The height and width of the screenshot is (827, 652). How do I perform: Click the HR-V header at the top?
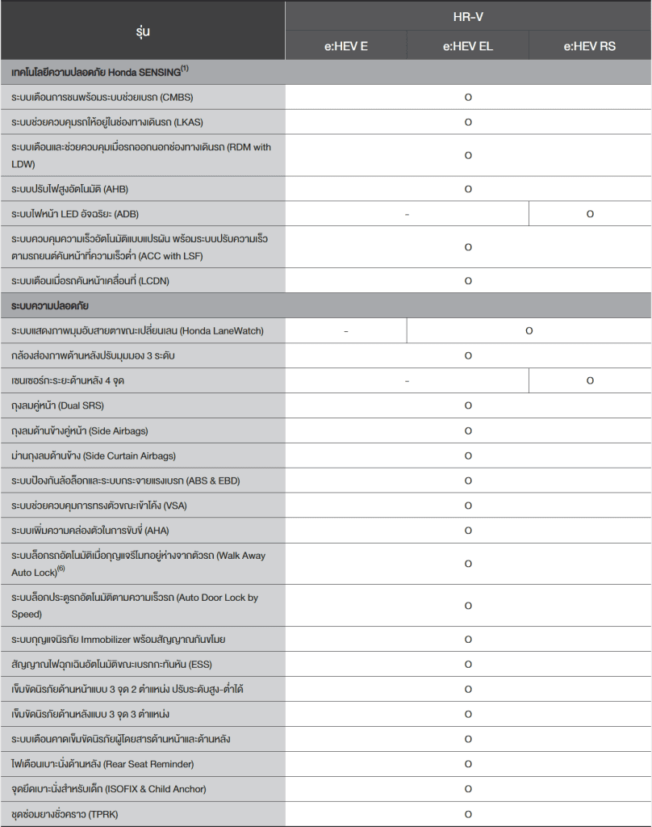(x=468, y=16)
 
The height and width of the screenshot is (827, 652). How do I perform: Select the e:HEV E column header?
(x=345, y=46)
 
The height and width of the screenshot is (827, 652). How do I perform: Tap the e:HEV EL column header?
(x=468, y=46)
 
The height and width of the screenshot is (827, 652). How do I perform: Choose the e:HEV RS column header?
(x=590, y=46)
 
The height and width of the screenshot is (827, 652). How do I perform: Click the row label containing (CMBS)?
(x=102, y=98)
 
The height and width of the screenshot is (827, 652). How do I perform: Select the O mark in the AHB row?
(x=468, y=189)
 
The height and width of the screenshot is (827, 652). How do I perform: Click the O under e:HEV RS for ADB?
(x=590, y=214)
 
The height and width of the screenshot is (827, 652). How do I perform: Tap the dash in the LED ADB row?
(x=407, y=214)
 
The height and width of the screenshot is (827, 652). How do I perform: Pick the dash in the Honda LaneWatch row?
(x=345, y=331)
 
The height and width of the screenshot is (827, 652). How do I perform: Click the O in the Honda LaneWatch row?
(x=529, y=331)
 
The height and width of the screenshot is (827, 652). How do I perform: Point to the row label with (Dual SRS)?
(x=58, y=405)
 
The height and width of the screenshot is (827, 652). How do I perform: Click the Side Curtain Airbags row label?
(x=94, y=455)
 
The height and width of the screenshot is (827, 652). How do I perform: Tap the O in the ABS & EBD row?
(x=468, y=481)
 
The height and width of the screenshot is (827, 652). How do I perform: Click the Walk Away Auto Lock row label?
(x=138, y=563)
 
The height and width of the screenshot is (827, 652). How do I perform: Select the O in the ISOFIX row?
(x=468, y=789)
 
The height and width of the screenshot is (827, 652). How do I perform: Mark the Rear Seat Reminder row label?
(x=102, y=764)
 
